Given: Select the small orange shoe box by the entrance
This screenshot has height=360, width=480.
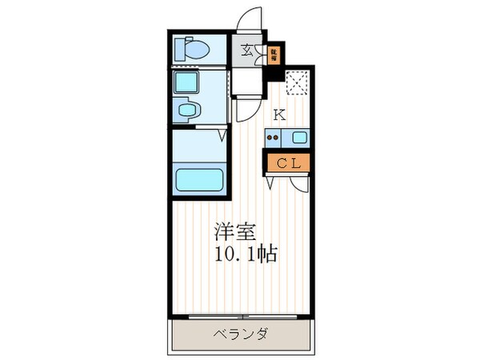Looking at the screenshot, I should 274,55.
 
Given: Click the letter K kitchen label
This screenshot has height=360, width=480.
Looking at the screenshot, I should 278,114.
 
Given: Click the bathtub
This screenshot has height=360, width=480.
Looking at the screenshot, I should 199,176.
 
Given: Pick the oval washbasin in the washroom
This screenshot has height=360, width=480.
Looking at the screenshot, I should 190,110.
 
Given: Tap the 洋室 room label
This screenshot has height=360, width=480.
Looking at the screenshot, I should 234,233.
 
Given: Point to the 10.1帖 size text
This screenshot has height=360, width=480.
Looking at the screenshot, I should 245,257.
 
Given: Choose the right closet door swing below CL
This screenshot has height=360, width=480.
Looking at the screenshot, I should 301,183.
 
